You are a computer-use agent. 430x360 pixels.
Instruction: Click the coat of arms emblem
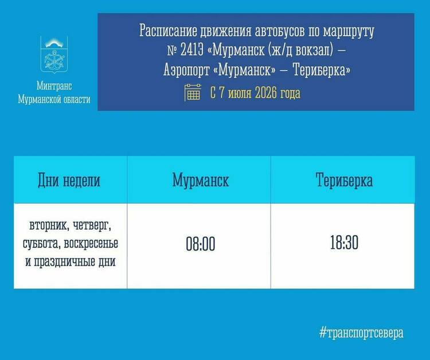(x=54, y=56)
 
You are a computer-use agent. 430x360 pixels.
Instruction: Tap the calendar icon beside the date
(x=193, y=92)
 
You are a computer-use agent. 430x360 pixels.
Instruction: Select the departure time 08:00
(x=201, y=244)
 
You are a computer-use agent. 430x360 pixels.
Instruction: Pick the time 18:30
(x=344, y=242)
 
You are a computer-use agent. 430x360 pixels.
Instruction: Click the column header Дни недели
(x=69, y=181)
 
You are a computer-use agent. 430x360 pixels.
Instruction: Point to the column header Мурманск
(x=201, y=181)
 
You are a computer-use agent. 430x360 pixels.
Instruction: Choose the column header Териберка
(x=344, y=180)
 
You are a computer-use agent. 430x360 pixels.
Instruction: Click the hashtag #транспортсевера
(x=361, y=333)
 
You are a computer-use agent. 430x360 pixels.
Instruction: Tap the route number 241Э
(x=192, y=50)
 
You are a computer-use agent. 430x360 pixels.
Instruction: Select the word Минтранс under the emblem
(x=54, y=86)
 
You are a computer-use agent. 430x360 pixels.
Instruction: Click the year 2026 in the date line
(x=265, y=93)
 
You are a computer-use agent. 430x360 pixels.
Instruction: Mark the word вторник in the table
(x=45, y=226)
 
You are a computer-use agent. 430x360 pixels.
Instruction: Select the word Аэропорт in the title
(x=186, y=70)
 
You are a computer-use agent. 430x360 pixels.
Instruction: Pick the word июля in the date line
(x=240, y=93)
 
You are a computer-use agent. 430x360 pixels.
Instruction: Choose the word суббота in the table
(x=41, y=244)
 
